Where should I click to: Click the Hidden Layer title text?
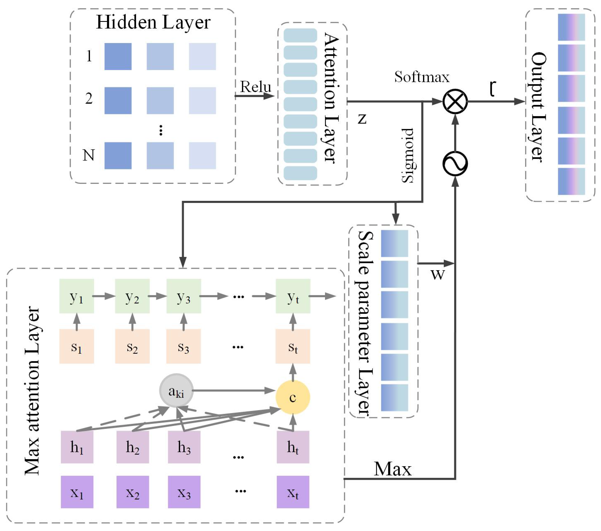point(153,22)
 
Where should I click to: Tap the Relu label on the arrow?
point(255,87)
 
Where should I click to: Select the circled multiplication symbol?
point(455,101)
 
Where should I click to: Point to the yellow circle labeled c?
point(292,397)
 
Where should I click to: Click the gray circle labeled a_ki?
point(176,391)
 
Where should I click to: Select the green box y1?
point(76,296)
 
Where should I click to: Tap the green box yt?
point(293,296)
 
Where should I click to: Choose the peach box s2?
point(132,346)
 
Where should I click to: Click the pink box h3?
point(184,447)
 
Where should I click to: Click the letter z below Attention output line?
point(362,119)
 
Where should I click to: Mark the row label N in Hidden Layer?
point(88,155)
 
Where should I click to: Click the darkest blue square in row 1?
point(118,56)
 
